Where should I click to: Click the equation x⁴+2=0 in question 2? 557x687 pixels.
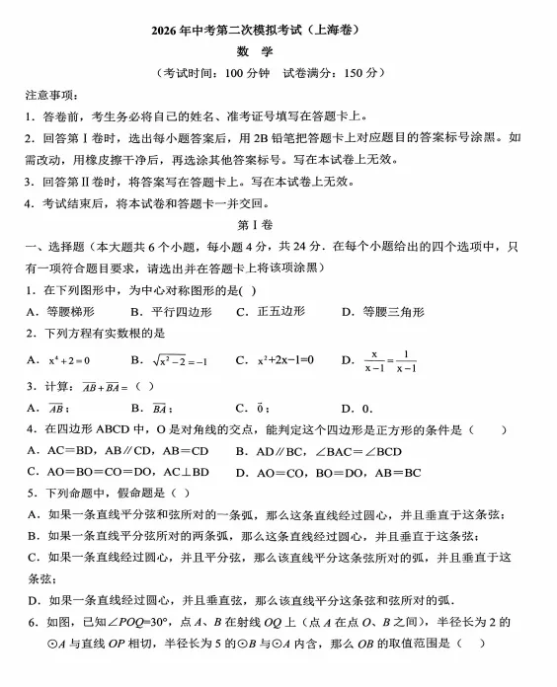tap(69, 360)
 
